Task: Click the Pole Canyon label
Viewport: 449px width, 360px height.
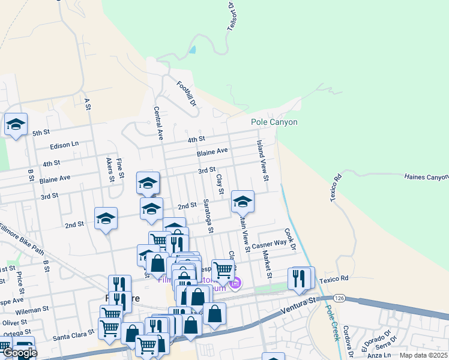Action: point(274,122)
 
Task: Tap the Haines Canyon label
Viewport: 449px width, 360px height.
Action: point(426,177)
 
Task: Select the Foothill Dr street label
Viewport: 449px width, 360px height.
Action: point(187,94)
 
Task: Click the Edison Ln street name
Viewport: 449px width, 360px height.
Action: point(64,145)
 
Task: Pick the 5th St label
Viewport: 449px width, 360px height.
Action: point(41,133)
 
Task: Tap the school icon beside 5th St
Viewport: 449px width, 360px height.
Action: point(16,125)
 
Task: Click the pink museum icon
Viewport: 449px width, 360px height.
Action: point(235,283)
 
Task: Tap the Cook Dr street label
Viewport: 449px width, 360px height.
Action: point(290,239)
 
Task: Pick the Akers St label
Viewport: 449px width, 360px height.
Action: point(110,170)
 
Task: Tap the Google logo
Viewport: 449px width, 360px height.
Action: point(19,353)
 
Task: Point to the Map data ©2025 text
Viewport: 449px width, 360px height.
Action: point(423,355)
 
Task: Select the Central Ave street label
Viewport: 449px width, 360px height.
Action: point(158,124)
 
